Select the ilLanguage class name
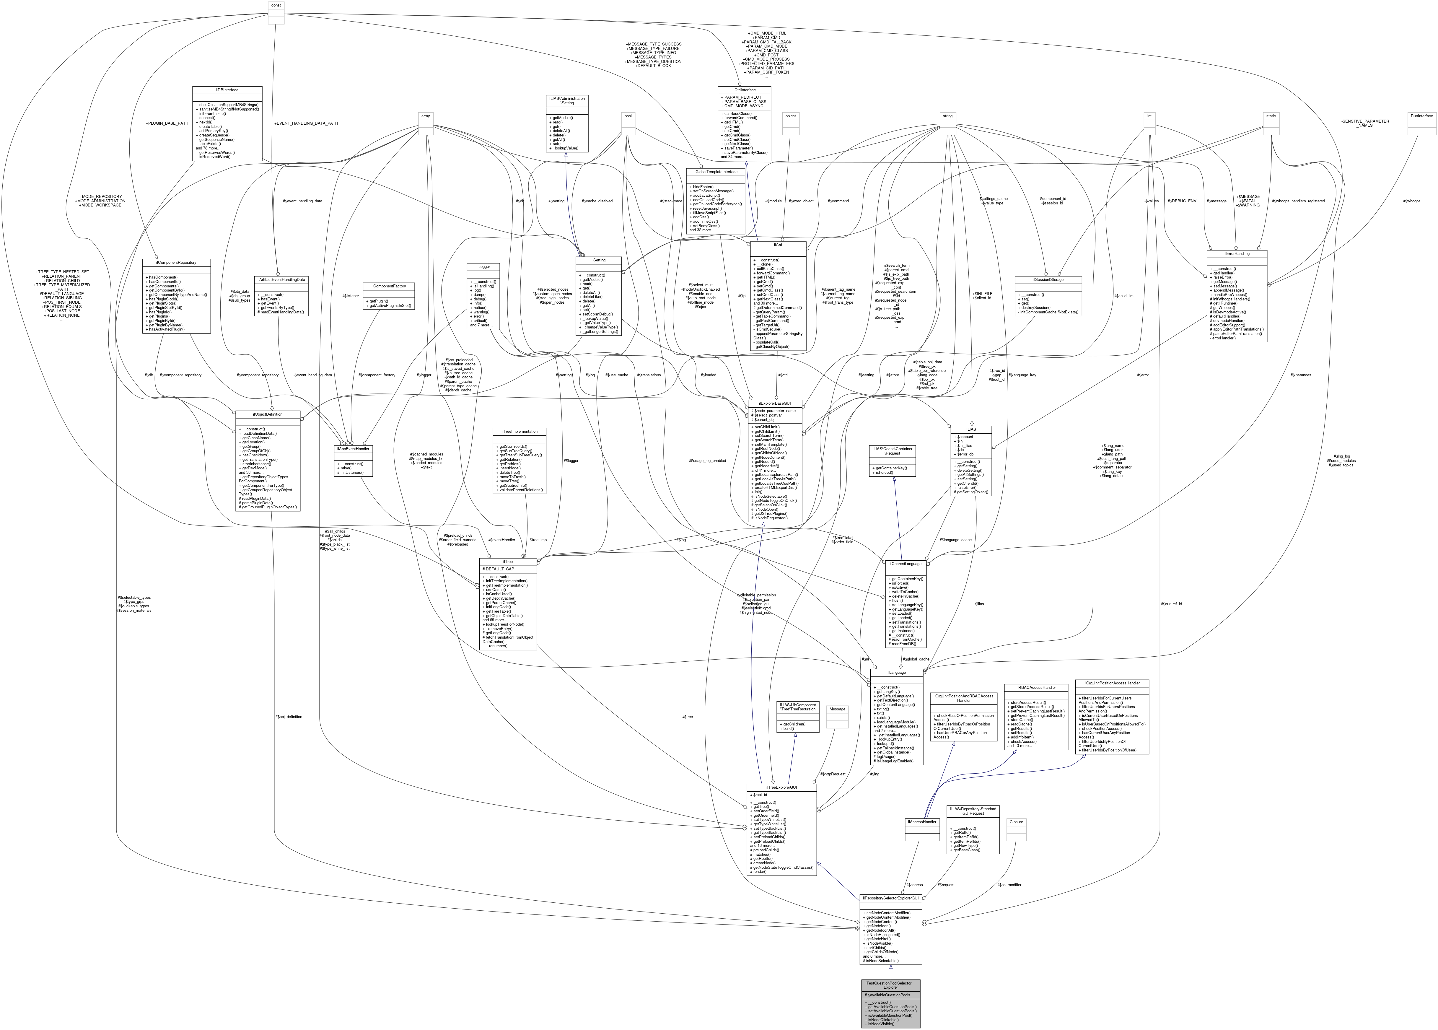tap(897, 672)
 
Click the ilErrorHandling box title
tap(1236, 253)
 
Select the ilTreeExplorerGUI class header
tap(781, 787)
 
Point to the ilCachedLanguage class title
tap(906, 563)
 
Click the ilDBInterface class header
tap(226, 90)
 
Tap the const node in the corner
tap(276, 5)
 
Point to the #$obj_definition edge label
tap(289, 717)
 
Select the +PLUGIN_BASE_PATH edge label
tap(167, 123)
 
